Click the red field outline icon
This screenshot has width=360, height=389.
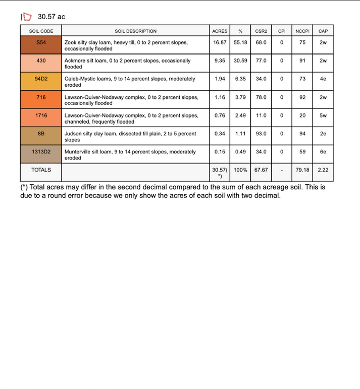tap(27, 17)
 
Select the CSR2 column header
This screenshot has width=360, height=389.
tap(261, 31)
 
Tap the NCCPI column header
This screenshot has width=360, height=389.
tap(302, 31)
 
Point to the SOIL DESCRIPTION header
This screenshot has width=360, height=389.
tap(136, 31)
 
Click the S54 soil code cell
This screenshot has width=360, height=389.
tap(41, 43)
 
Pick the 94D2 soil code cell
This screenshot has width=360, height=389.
tap(41, 79)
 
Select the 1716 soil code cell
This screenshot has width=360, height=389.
tap(41, 116)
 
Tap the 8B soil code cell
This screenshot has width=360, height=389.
tap(41, 134)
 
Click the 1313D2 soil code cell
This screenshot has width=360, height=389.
tap(41, 152)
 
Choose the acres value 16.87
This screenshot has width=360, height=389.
tap(220, 43)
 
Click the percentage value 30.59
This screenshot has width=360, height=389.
tap(240, 61)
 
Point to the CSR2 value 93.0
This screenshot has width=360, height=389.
tap(261, 134)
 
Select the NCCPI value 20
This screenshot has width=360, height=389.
tap(302, 116)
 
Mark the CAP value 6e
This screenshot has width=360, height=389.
tap(323, 152)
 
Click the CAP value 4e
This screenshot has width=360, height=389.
tap(323, 79)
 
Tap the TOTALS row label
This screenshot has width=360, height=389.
tap(41, 170)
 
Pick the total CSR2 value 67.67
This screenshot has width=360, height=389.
tap(261, 170)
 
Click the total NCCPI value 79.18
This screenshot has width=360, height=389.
tap(302, 170)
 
